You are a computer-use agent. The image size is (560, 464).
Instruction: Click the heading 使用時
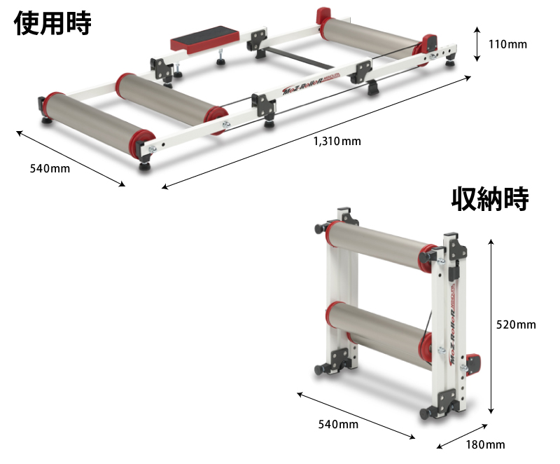[52, 22]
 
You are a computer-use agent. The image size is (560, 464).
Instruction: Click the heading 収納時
[490, 199]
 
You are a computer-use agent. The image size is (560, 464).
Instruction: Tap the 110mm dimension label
[507, 45]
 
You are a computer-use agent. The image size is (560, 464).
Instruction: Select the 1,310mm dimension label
[337, 142]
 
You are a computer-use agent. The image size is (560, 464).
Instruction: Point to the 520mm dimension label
[516, 325]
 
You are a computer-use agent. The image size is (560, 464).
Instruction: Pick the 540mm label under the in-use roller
[50, 168]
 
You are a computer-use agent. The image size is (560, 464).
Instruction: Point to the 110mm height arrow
[476, 44]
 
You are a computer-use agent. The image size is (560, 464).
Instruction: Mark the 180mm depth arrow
[461, 435]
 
